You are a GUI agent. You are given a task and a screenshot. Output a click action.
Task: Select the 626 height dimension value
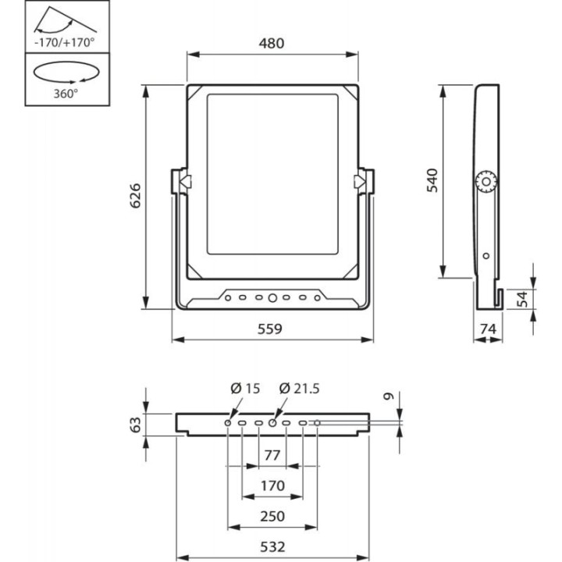pyautogui.click(x=133, y=196)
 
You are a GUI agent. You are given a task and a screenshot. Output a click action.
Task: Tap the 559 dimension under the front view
pyautogui.click(x=272, y=329)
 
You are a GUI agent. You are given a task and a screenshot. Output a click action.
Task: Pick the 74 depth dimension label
pyautogui.click(x=489, y=329)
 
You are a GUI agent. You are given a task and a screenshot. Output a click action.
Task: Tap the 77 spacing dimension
pyautogui.click(x=272, y=454)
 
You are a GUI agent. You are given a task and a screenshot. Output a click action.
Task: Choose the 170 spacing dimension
pyautogui.click(x=272, y=486)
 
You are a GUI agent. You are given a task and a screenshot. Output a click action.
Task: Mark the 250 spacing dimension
pyautogui.click(x=272, y=516)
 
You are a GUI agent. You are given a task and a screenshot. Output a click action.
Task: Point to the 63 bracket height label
pyautogui.click(x=135, y=424)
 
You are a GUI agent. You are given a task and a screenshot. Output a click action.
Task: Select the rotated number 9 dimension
pyautogui.click(x=389, y=397)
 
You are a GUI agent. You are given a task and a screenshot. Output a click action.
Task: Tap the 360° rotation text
pyautogui.click(x=66, y=93)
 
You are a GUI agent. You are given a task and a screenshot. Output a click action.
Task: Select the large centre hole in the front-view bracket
pyautogui.click(x=272, y=297)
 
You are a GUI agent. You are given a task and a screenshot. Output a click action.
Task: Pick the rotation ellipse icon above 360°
pyautogui.click(x=66, y=73)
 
